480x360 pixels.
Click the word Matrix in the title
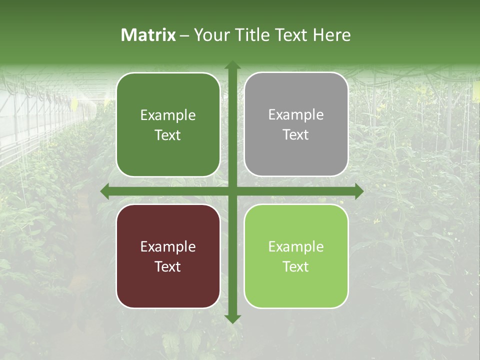(148, 35)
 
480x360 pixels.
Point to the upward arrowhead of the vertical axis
(232, 65)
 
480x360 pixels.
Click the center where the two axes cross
(232, 191)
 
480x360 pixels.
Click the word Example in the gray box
(296, 115)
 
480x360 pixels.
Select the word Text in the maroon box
(168, 266)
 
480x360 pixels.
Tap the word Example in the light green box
(296, 246)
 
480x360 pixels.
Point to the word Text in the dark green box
(168, 135)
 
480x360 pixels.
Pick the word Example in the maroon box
(168, 246)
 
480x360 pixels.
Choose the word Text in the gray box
(296, 135)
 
